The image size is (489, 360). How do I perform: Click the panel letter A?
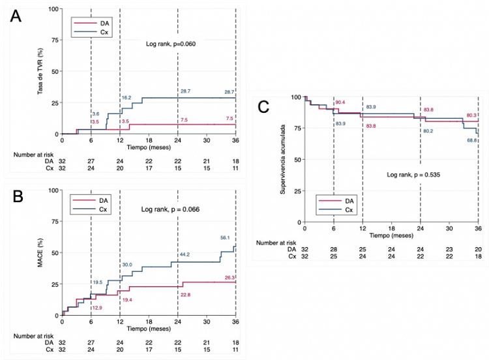coord(18,18)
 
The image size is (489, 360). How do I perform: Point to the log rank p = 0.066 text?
coord(170,209)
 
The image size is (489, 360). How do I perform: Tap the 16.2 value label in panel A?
coord(127,98)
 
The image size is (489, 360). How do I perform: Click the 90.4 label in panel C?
coord(340,103)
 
